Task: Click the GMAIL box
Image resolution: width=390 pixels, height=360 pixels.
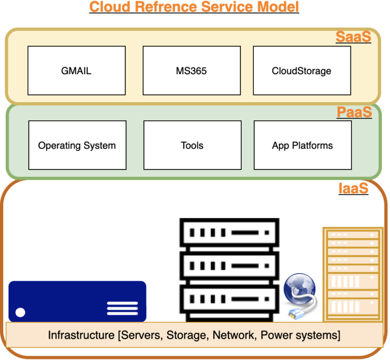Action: (76, 71)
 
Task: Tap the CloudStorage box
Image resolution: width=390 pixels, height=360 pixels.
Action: (302, 71)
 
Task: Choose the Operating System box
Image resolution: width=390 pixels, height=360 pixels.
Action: (77, 145)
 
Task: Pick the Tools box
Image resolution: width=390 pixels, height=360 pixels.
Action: (192, 145)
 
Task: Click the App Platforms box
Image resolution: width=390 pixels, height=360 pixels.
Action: (302, 145)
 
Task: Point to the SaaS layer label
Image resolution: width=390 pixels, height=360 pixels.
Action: (353, 38)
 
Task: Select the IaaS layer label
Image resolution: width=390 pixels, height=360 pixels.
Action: (353, 189)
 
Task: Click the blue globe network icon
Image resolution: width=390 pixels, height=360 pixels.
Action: (300, 291)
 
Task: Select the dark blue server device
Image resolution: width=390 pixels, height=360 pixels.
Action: (77, 301)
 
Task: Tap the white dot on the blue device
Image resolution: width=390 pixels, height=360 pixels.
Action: (20, 312)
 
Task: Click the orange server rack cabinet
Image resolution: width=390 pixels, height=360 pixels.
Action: (353, 274)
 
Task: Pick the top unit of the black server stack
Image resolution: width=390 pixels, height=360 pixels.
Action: (229, 234)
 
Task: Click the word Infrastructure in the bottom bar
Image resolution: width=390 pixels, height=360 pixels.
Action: (79, 335)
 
